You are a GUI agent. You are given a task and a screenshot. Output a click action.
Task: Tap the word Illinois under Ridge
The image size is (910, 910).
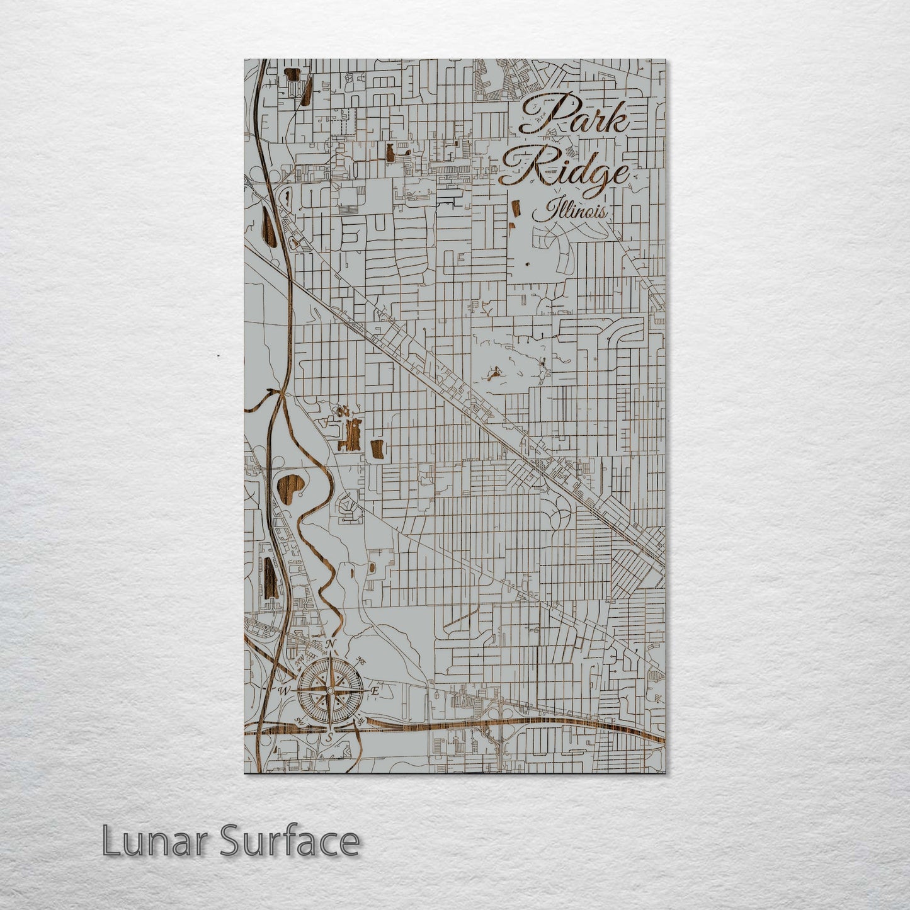(x=571, y=210)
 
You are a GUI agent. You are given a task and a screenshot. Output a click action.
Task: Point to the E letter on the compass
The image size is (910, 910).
(x=374, y=691)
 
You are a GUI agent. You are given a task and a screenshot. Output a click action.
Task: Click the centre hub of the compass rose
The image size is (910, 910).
(x=329, y=690)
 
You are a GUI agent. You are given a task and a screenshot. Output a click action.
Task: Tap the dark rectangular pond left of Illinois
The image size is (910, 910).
(x=514, y=212)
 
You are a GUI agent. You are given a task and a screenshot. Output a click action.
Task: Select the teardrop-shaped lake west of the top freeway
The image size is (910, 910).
(x=266, y=224)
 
